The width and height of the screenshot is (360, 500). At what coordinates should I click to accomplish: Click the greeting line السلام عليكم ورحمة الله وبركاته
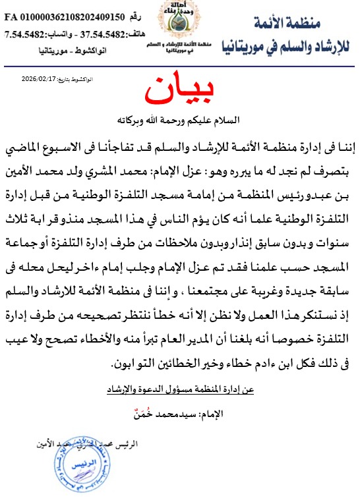[x=180, y=120]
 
